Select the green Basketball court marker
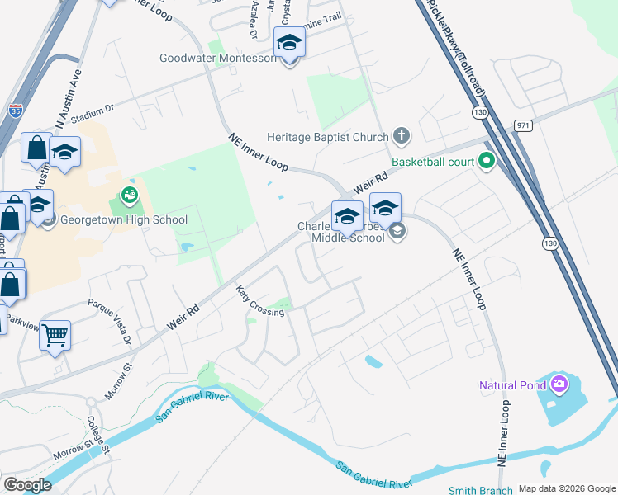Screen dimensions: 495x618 pos(487,162)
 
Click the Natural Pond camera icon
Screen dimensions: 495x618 pos(559,384)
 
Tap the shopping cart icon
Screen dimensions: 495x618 pos(55,335)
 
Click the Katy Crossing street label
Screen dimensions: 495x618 pos(259,301)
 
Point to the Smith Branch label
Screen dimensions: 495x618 pos(483,490)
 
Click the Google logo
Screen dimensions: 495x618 pos(27,485)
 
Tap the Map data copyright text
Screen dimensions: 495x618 pos(566,488)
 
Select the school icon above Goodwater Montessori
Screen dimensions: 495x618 pos(289,42)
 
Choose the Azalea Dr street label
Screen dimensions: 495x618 pos(254,19)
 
